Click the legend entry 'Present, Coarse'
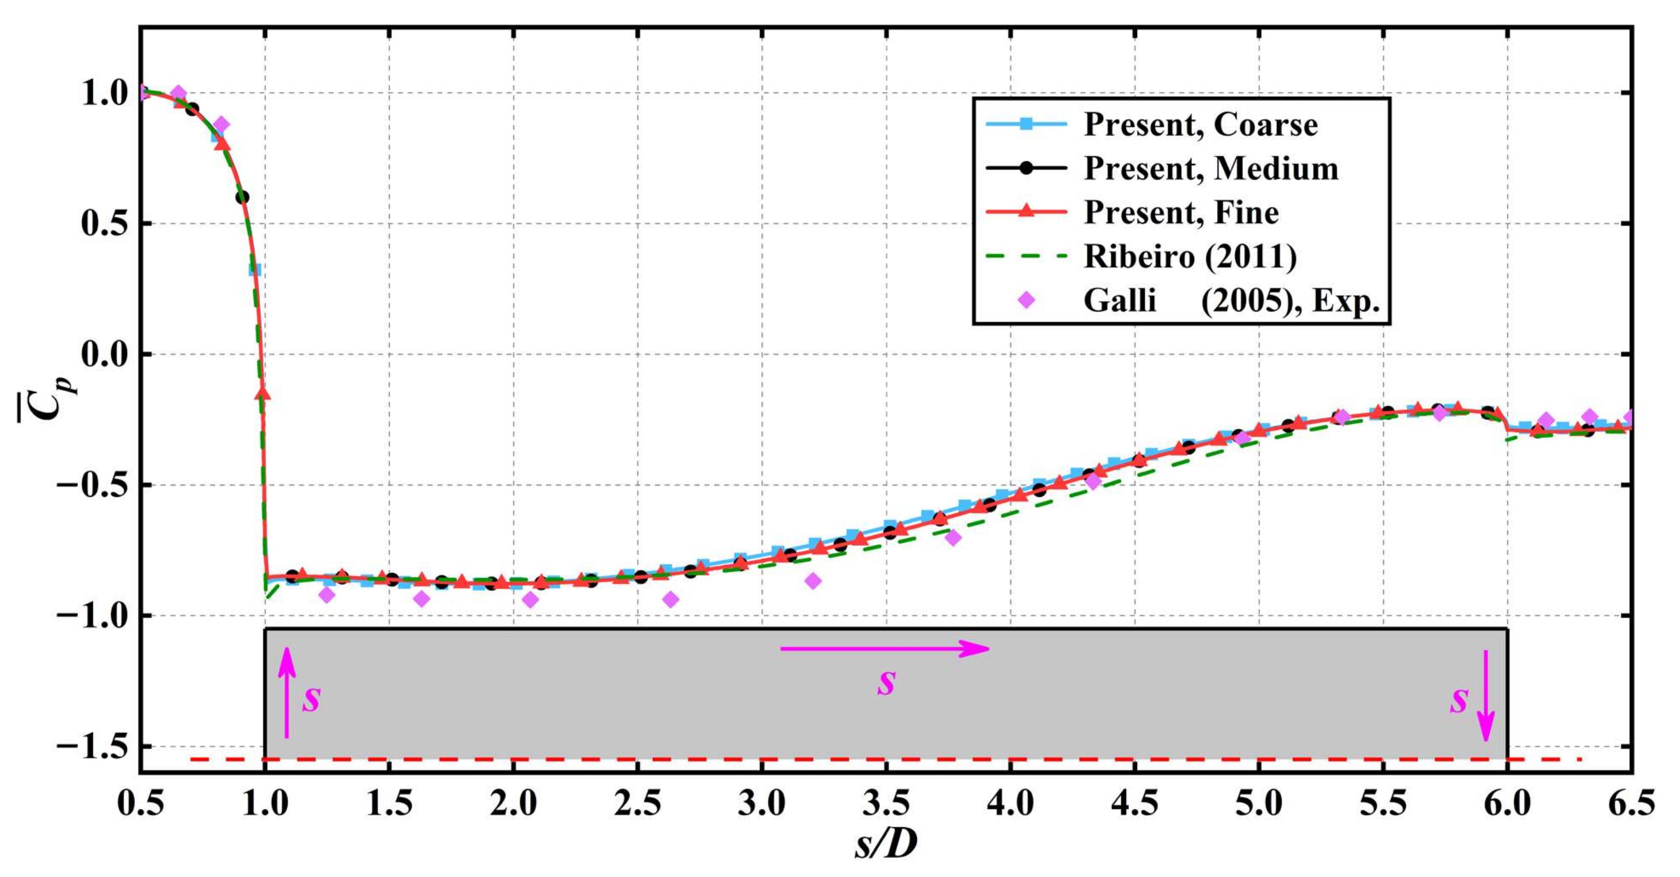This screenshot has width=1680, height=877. [x=1200, y=124]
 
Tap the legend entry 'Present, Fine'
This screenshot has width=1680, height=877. [x=1181, y=213]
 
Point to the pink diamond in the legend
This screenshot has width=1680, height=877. [x=1026, y=300]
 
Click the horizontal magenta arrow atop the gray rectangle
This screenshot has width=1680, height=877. [x=884, y=649]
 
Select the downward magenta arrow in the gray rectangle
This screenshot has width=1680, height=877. [x=1486, y=695]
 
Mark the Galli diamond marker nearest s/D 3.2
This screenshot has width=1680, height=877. [x=812, y=580]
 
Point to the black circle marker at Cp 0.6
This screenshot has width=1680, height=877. [x=242, y=197]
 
